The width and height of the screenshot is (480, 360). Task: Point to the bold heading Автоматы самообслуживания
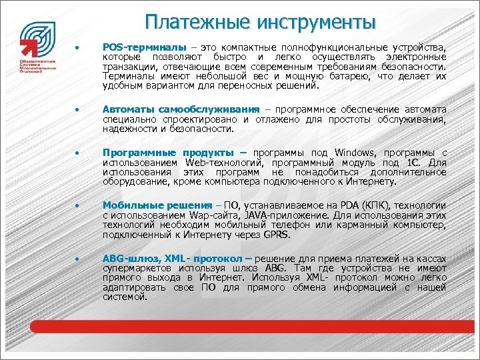pos(181,109)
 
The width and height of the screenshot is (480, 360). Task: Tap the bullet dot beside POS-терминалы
pos(78,49)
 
